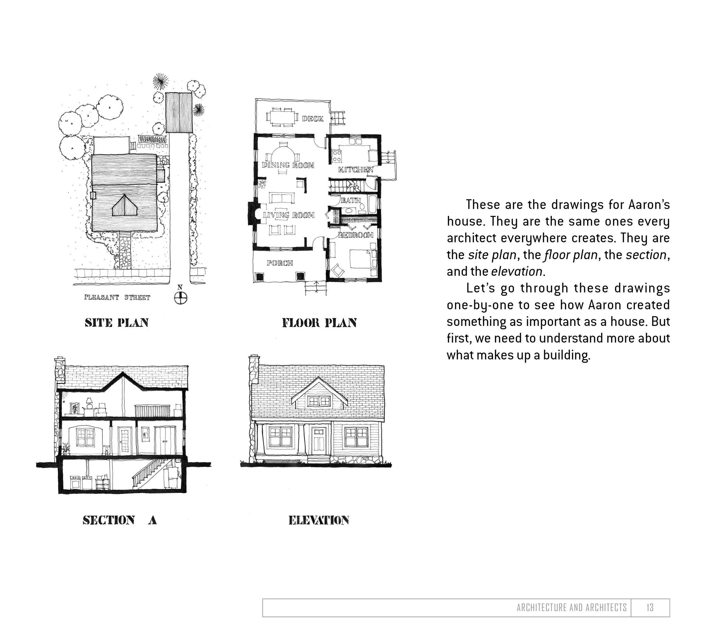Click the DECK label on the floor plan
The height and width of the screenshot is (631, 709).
click(x=313, y=119)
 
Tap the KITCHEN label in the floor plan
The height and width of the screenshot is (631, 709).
click(x=356, y=170)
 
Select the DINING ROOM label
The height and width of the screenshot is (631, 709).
click(x=288, y=165)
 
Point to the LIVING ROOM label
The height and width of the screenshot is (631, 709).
click(x=289, y=215)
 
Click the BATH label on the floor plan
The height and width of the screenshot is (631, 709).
click(x=351, y=200)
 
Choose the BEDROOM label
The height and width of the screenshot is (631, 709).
click(x=356, y=235)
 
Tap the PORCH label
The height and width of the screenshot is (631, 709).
click(x=280, y=263)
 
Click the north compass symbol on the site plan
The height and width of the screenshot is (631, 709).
click(x=180, y=297)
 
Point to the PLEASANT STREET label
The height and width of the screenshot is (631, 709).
click(x=117, y=297)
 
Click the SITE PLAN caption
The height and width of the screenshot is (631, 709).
click(x=117, y=323)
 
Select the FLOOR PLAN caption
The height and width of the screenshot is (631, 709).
click(x=320, y=323)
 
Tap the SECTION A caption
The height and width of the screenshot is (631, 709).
click(x=120, y=520)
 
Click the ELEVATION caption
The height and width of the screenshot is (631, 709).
click(x=319, y=520)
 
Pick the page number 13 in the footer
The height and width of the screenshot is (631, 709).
click(x=650, y=607)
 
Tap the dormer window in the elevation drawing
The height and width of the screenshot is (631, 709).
click(x=319, y=401)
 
